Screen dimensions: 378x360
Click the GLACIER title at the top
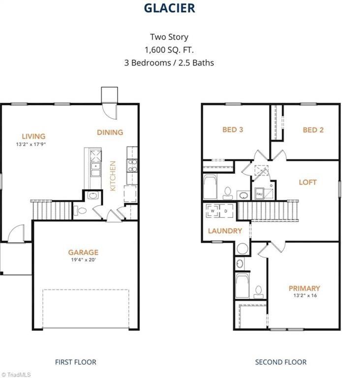[x=169, y=8]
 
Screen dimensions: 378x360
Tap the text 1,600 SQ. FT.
[x=169, y=50]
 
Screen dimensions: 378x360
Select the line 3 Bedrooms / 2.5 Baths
[x=169, y=63]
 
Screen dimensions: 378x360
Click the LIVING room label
[x=33, y=136]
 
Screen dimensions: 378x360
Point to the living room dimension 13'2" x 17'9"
[x=33, y=145]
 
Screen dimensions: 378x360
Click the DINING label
[x=110, y=132]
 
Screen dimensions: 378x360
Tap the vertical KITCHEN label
[x=113, y=176]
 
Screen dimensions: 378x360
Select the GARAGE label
[x=83, y=252]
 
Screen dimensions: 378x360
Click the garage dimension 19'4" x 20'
[x=83, y=260]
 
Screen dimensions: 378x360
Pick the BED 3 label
[x=233, y=130]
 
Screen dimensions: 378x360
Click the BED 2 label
[x=313, y=130]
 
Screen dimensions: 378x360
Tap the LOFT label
[x=308, y=182]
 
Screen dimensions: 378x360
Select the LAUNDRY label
[x=225, y=231]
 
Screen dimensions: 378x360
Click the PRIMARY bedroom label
[x=304, y=288]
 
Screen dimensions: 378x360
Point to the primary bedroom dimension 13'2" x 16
[x=304, y=296]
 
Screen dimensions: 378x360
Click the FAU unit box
[x=259, y=194]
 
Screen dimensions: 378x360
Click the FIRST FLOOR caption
[x=75, y=362]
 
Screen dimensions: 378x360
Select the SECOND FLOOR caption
[x=280, y=362]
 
